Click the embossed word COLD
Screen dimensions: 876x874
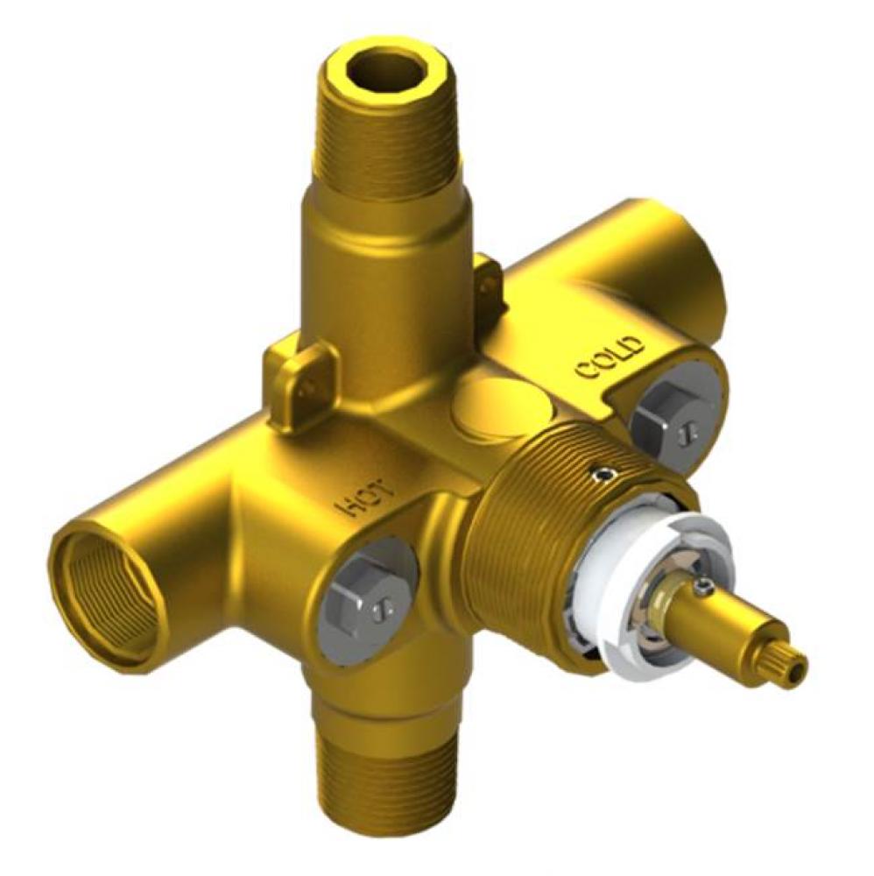click(610, 359)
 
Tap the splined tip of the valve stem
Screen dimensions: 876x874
click(784, 665)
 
